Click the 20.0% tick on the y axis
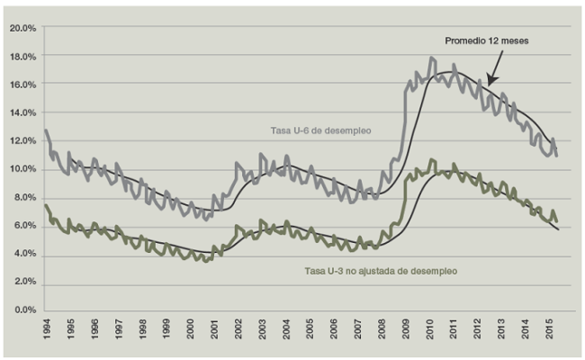[22, 28]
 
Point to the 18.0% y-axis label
[22, 56]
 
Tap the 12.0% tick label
[22, 140]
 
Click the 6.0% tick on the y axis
[23, 226]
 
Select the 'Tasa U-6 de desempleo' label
[334, 131]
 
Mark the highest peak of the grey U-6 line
[432, 58]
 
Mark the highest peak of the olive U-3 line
[432, 160]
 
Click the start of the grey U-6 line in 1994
[46, 130]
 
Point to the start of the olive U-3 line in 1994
[46, 205]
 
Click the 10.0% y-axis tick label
[22, 169]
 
